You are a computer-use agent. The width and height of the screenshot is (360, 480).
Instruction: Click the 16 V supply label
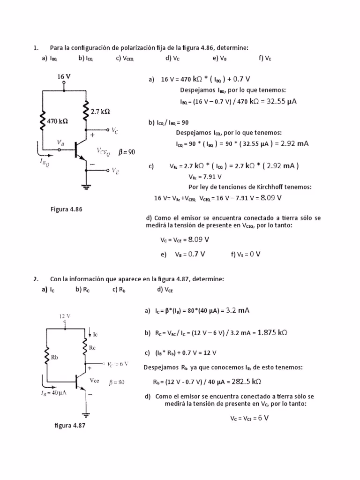(x=64, y=76)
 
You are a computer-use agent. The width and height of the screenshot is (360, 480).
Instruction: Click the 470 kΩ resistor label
(x=58, y=120)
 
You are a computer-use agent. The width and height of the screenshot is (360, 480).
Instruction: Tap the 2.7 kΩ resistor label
(x=100, y=112)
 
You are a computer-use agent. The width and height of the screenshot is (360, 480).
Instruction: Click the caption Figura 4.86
(x=66, y=209)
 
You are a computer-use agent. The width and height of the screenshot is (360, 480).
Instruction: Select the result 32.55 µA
(x=282, y=101)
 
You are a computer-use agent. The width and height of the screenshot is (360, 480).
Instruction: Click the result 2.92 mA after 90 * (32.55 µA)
(x=295, y=143)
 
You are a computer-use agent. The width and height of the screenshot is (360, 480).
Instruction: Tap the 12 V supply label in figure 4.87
(x=65, y=316)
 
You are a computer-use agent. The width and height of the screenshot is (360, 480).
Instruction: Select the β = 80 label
(x=117, y=382)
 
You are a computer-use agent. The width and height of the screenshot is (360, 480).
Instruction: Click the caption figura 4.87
(x=70, y=425)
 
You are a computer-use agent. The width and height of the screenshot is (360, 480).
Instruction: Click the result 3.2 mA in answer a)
(x=238, y=310)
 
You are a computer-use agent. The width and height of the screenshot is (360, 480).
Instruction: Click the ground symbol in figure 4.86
(x=86, y=187)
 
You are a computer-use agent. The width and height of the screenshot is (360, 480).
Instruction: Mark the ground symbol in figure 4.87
(x=86, y=414)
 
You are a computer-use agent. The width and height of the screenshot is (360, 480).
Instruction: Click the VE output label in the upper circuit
(x=115, y=171)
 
